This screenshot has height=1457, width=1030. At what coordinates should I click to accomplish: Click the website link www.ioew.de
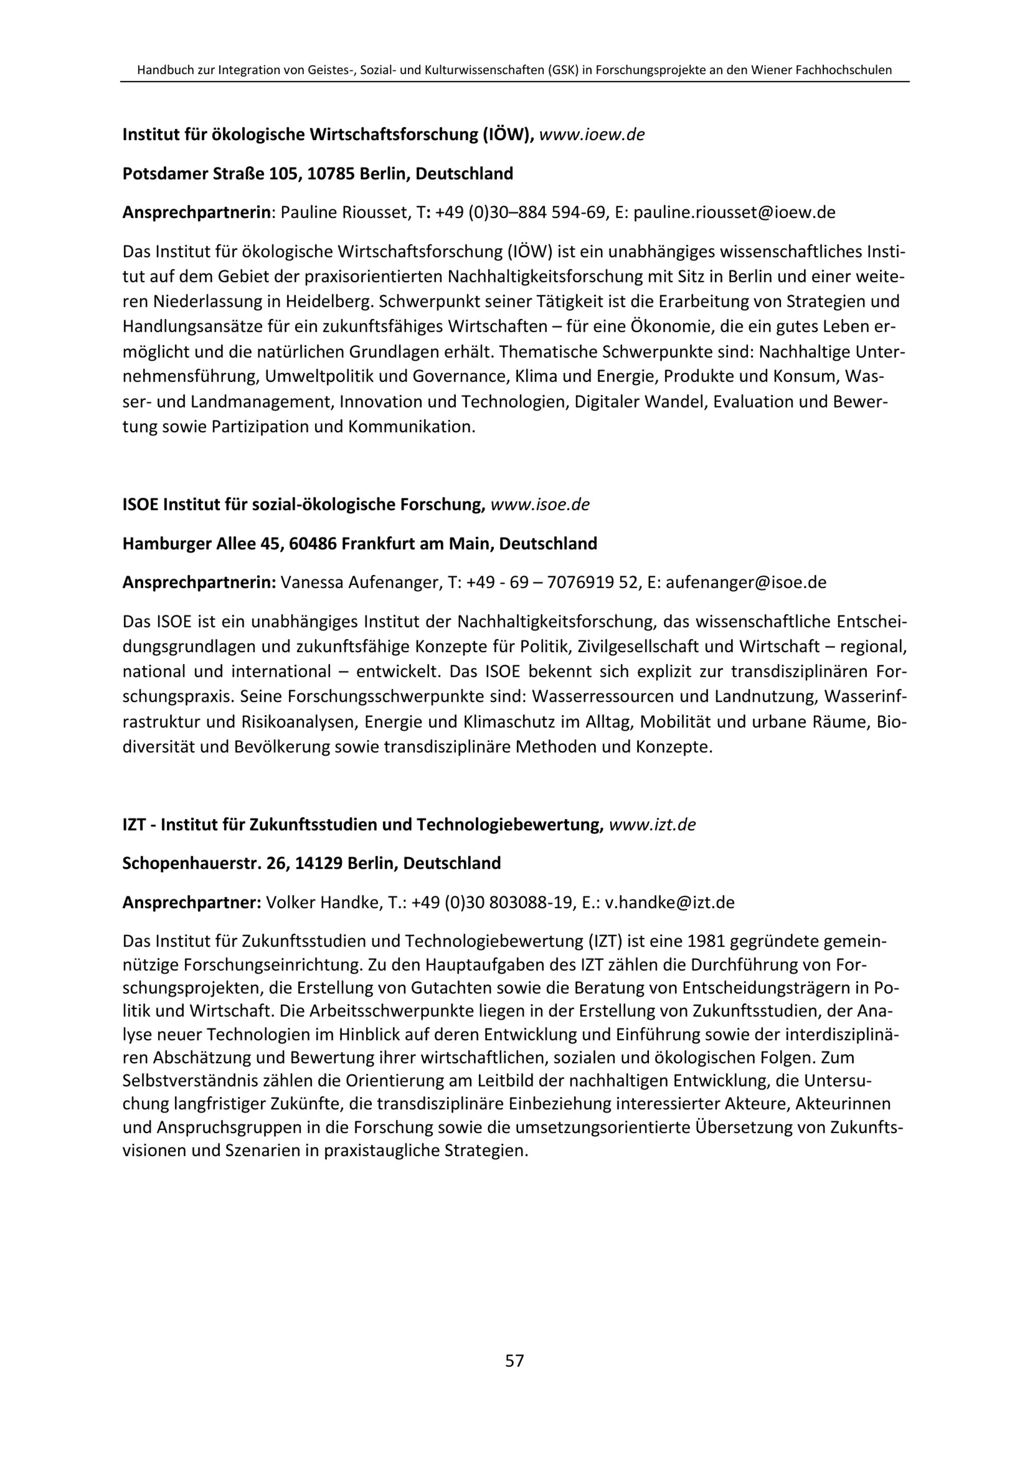591,134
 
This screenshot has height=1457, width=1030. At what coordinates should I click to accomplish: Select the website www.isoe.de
540,504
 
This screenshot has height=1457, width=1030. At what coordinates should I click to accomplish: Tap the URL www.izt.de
652,824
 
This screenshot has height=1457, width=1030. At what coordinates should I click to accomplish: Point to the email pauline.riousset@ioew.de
734,212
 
